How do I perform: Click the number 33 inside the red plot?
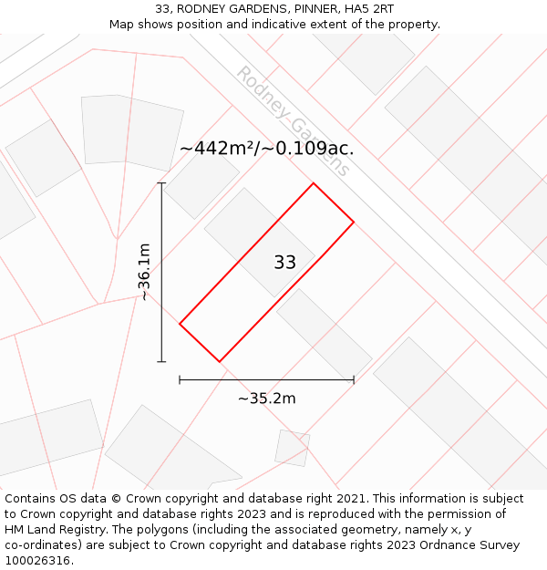coord(284,263)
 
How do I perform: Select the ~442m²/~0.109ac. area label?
coord(266,148)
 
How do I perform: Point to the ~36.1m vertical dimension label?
coord(144,272)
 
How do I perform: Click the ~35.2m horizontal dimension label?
coord(266,399)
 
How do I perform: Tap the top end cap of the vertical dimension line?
coord(162,183)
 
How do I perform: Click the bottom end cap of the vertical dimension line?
coord(162,362)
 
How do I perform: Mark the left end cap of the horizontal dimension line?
coord(180,379)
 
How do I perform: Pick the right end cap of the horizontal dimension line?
coord(354,379)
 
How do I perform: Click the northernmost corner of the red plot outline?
coord(314,183)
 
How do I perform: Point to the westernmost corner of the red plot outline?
coord(180,323)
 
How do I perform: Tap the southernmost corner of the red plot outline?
coord(220,362)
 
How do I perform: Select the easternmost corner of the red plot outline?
coord(354,222)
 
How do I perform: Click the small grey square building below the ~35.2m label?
coord(293,448)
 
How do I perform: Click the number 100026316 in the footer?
coord(37,561)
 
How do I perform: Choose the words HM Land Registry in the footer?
coord(49,530)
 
